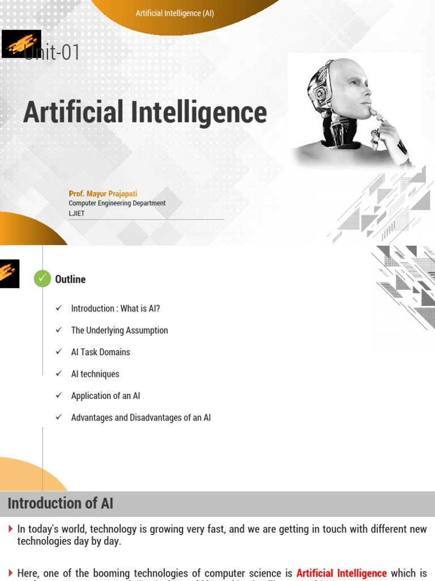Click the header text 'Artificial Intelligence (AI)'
click(174, 13)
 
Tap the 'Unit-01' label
click(52, 53)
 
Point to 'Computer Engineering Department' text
click(117, 203)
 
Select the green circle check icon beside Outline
click(42, 279)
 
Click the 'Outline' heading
click(70, 279)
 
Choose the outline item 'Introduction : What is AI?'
click(116, 309)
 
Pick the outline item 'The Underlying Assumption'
click(120, 330)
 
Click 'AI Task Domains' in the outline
click(100, 352)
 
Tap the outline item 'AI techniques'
click(95, 374)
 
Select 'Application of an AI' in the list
click(105, 396)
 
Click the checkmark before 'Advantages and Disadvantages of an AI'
click(58, 418)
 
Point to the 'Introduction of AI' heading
click(60, 503)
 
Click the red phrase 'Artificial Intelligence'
click(342, 573)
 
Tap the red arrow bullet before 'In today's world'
click(11, 529)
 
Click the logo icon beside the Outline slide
click(10, 273)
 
